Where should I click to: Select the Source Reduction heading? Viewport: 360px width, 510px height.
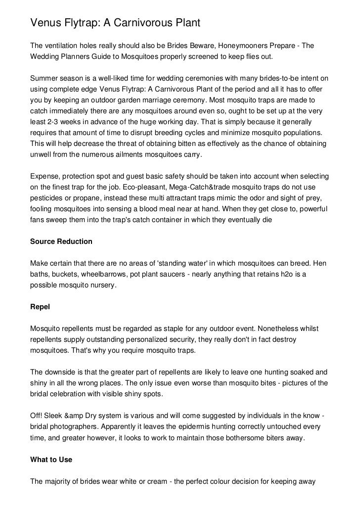(61, 241)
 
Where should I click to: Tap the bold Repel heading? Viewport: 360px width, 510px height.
(40, 306)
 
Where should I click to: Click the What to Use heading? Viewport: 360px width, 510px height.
(51, 460)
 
